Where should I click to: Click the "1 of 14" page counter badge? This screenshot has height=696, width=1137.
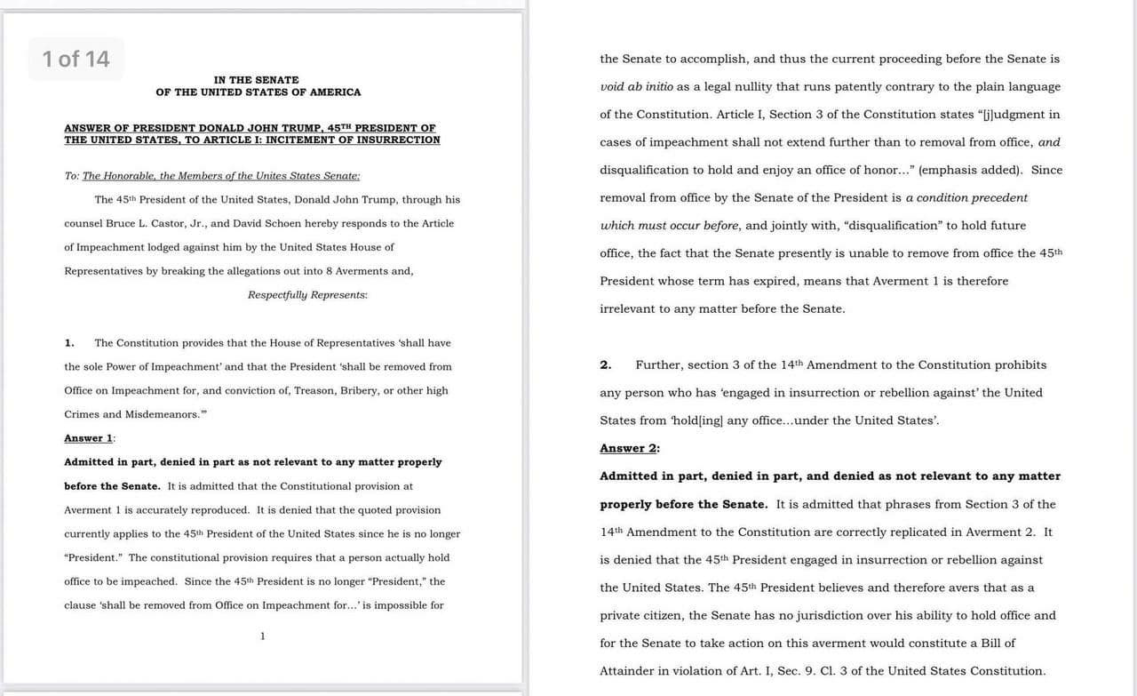tap(76, 59)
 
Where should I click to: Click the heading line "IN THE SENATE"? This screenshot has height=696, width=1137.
tap(256, 80)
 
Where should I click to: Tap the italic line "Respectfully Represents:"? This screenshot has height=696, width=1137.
tap(307, 295)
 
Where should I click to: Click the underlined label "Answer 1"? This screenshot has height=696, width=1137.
tap(89, 438)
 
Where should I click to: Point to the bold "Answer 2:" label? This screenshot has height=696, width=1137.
tap(629, 448)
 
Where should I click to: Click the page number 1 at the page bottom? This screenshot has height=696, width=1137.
tap(262, 636)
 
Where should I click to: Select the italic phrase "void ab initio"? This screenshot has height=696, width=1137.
tap(636, 87)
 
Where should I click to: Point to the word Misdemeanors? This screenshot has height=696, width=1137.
tap(155, 414)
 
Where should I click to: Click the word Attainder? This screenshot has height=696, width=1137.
tap(632, 671)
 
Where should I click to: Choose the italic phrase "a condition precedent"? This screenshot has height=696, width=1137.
tap(966, 197)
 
